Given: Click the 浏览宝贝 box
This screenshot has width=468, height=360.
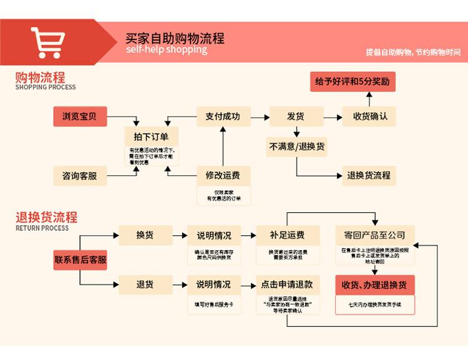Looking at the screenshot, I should pyautogui.click(x=79, y=116).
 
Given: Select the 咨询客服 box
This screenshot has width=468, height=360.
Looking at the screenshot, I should pyautogui.click(x=79, y=176).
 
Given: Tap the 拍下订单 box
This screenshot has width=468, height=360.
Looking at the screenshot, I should pyautogui.click(x=152, y=135).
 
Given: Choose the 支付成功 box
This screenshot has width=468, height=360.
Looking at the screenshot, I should pyautogui.click(x=223, y=116).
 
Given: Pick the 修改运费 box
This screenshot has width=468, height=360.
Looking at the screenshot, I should pyautogui.click(x=223, y=175).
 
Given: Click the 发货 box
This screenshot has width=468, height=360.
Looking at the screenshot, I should pyautogui.click(x=295, y=116).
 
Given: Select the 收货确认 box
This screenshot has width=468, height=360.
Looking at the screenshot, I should pyautogui.click(x=369, y=116).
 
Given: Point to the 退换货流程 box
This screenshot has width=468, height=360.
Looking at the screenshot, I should pyautogui.click(x=369, y=175).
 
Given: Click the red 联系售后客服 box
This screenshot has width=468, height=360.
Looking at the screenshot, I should pyautogui.click(x=80, y=260).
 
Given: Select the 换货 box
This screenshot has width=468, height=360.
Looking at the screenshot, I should pyautogui.click(x=145, y=235).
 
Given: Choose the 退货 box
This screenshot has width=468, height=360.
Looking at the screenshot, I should pyautogui.click(x=145, y=285).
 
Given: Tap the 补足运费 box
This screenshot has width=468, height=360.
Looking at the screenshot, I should pyautogui.click(x=287, y=235).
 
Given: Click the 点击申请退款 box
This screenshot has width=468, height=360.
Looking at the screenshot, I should pyautogui.click(x=287, y=285).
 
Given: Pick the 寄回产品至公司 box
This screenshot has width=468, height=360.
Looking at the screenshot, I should pyautogui.click(x=374, y=235).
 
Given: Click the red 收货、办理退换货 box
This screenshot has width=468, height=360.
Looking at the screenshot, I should pyautogui.click(x=374, y=285).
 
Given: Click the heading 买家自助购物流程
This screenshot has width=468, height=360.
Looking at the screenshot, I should pyautogui.click(x=175, y=38).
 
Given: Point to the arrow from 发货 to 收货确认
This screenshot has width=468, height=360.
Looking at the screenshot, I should pyautogui.click(x=333, y=116).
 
